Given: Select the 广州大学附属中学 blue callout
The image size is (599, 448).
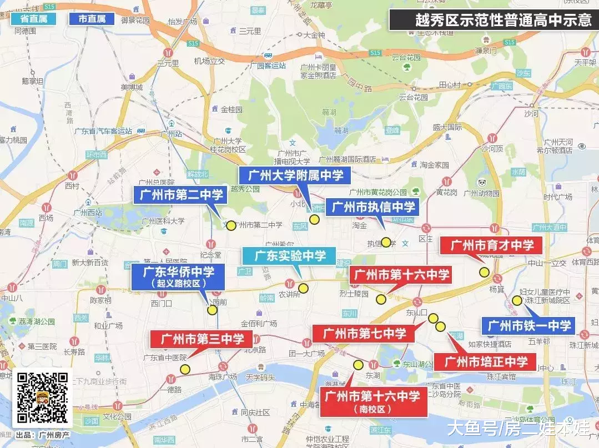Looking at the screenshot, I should coord(295,176).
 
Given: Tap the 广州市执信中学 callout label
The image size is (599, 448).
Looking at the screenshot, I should coord(373,208).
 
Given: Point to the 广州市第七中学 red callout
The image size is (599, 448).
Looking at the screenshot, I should coord(364,334).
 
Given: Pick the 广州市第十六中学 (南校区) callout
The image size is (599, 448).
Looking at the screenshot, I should coord(373,401).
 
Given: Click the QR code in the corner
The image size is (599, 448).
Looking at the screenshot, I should coord(42,397).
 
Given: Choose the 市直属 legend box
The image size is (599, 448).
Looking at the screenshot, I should coord(92,19).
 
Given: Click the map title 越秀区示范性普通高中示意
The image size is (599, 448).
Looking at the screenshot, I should coord(493,20).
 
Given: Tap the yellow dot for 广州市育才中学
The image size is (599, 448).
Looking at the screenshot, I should coord(484,272).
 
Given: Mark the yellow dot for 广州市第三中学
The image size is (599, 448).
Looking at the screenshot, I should coord(185,369).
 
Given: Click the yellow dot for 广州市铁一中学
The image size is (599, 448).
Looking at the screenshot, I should coord(517,300).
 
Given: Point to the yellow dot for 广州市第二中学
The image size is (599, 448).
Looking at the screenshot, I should coord(231,225).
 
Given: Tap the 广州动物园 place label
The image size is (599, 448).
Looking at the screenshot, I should coord(481,193).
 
